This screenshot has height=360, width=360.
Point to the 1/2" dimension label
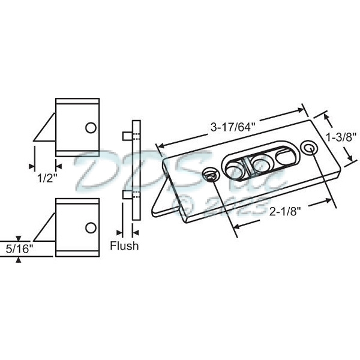click(x=44, y=178)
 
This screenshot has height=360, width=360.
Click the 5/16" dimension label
click(x=19, y=247)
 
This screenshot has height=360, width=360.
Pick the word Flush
click(x=124, y=245)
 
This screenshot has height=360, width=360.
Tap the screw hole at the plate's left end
click(x=210, y=175)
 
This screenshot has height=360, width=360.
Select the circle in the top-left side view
click(x=90, y=128)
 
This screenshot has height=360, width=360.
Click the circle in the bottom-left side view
click(x=90, y=227)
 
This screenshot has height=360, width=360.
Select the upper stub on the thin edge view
click(x=125, y=136)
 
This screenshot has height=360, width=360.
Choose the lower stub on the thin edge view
click(x=125, y=195)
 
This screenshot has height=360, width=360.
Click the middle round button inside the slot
click(x=259, y=163)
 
